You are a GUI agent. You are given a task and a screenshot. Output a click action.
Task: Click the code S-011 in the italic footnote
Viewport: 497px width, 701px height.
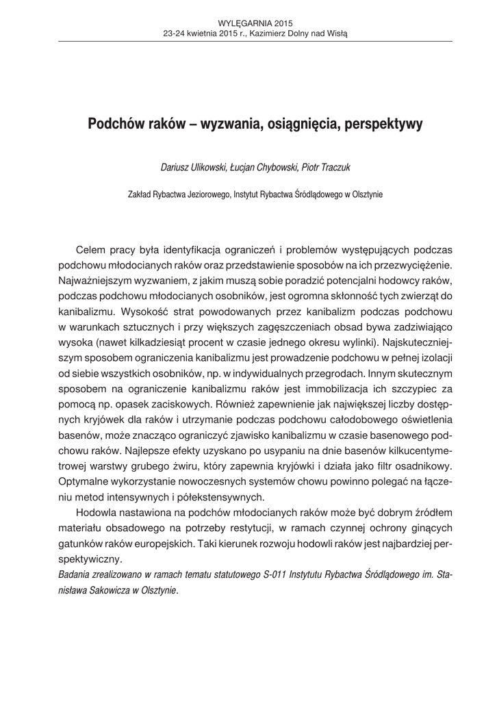[275, 574]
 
